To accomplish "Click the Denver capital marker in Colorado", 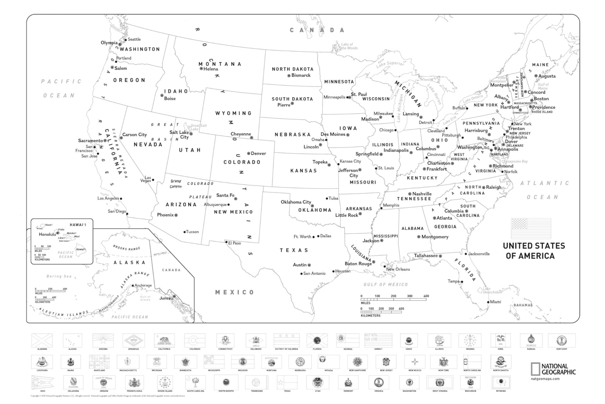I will coord(248,153).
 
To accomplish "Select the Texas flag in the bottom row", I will coord(287,382).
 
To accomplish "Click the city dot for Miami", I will coord(488,302).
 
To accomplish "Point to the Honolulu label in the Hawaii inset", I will coord(47,234).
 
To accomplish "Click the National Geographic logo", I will coord(553,369).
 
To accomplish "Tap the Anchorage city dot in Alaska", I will coord(133,285).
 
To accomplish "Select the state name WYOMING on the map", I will coord(233,113).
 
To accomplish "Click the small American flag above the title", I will coord(531,228).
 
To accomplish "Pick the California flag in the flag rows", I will coord(164,340).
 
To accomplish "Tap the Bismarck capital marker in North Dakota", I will coord(289,75).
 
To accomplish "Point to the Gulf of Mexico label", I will coord(385,285).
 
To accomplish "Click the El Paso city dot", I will coord(226,242).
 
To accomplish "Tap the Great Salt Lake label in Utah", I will coord(198,127).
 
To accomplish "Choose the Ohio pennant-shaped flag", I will coord(43,382).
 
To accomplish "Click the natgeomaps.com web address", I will coord(545,379).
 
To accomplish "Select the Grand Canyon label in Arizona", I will coord(176,184).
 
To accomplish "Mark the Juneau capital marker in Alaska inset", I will coord(174,296).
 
